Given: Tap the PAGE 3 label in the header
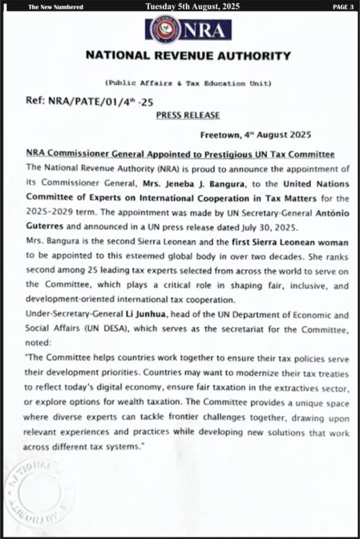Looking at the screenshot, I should (343, 7).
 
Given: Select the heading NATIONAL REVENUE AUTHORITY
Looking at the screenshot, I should (188, 55).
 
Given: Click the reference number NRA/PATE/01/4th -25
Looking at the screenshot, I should (89, 102).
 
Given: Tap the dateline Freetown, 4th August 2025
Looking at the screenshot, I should (256, 134).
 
